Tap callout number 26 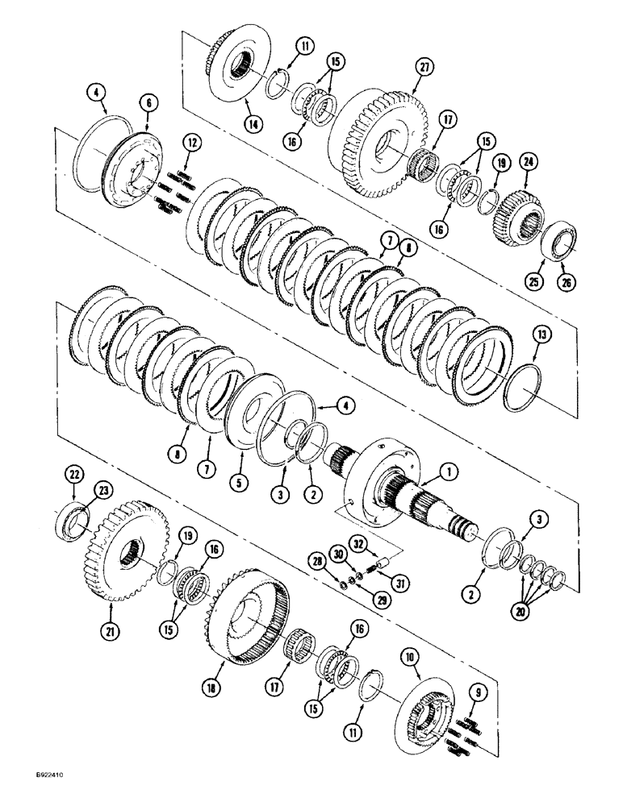566,280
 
